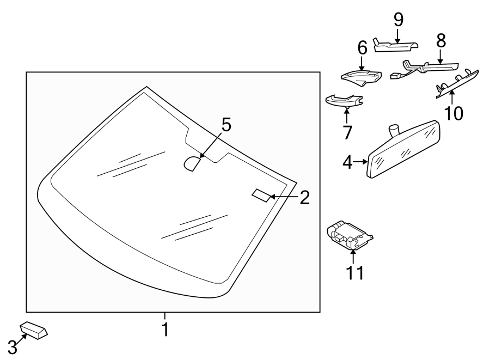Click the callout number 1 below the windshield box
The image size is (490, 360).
[x=164, y=329]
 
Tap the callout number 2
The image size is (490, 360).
[x=304, y=197]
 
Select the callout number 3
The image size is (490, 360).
[x=12, y=347]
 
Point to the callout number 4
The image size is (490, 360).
[x=347, y=162]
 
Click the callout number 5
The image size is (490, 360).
[x=226, y=125]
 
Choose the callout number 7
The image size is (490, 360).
[x=347, y=132]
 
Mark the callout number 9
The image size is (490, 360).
[x=399, y=20]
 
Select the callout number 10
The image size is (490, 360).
[x=453, y=113]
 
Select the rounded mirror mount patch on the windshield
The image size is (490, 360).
[x=192, y=163]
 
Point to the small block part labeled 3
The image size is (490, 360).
[x=34, y=330]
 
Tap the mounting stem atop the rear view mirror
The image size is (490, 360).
[x=394, y=130]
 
